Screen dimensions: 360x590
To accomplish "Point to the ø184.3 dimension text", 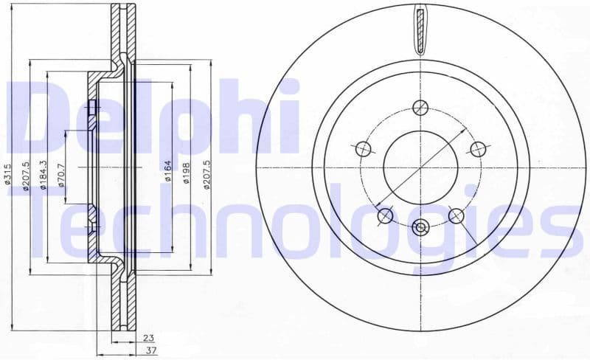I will pyautogui.click(x=44, y=175).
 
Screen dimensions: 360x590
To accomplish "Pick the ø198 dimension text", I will pyautogui.click(x=188, y=176).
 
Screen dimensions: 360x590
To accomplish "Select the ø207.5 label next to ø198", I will pyautogui.click(x=207, y=175).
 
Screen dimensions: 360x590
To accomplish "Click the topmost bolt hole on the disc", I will pyautogui.click(x=420, y=106).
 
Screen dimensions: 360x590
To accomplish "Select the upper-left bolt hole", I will pyautogui.click(x=364, y=149).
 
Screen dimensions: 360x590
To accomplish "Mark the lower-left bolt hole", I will pyautogui.click(x=385, y=215).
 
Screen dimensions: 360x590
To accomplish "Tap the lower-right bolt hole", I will pyautogui.click(x=456, y=215).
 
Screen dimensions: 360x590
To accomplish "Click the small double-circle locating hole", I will pyautogui.click(x=420, y=227).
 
